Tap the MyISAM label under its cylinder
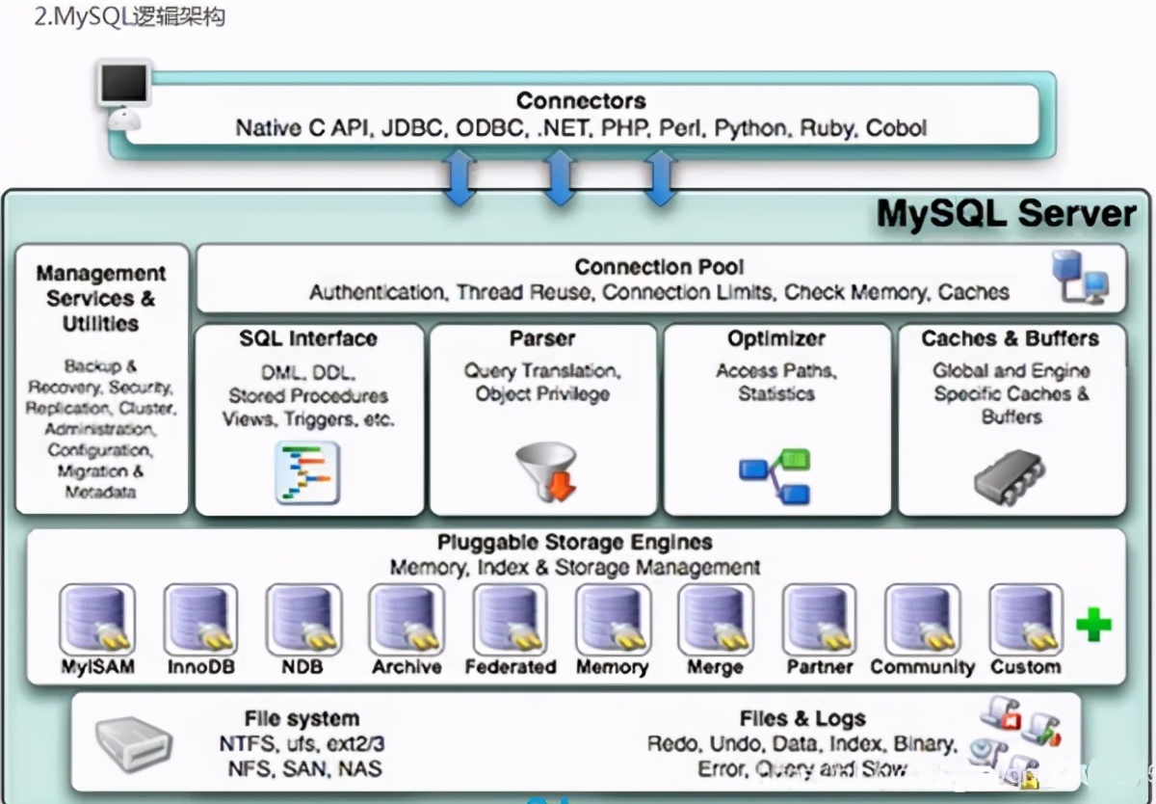[97, 667]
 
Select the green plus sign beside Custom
[1093, 626]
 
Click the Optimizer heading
[776, 339]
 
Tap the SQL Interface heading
[308, 339]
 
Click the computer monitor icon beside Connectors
[124, 89]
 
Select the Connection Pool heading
[660, 268]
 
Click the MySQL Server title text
[1007, 214]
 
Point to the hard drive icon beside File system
[134, 744]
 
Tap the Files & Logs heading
[802, 719]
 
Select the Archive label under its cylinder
[407, 667]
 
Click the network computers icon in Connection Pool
[1079, 277]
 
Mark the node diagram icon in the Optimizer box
[775, 476]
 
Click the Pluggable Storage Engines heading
[575, 543]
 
